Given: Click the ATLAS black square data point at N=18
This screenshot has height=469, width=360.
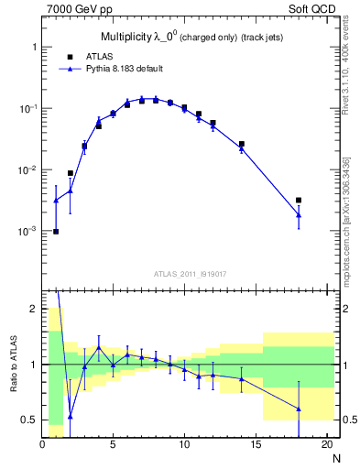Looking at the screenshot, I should pos(298,200).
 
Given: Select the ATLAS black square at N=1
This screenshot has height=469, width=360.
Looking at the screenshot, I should pos(56,231).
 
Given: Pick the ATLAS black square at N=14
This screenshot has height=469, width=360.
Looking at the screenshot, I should pos(241,144).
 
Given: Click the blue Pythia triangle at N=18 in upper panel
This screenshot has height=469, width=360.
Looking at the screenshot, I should pos(298,215).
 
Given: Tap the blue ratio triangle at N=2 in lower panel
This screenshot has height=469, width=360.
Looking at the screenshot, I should pos(71,416).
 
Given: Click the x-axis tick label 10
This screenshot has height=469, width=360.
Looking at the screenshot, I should pos(183,445).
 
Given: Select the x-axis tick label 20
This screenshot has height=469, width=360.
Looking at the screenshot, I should pos(325,445).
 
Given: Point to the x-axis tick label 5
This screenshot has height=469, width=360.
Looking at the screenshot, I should pos(113,445).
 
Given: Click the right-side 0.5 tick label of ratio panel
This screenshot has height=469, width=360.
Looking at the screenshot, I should pos(347,420).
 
